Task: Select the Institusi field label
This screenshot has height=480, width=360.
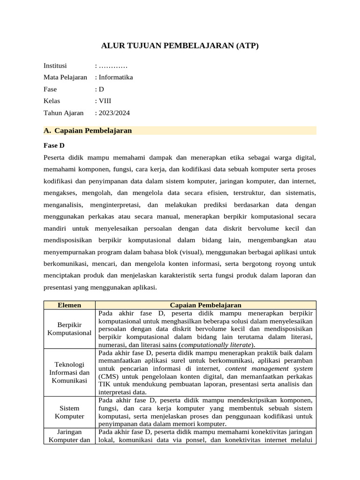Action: [55, 65]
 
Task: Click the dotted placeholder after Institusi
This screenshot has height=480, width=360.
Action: [112, 66]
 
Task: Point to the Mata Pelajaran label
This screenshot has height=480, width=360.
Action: [65, 77]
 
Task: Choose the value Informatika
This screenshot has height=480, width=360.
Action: [115, 77]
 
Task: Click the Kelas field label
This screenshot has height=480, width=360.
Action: [52, 101]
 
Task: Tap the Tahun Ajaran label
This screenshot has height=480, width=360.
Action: [63, 112]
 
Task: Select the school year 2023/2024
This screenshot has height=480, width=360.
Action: [114, 112]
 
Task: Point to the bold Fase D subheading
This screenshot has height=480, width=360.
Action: [54, 146]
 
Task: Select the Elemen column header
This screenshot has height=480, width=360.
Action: [69, 305]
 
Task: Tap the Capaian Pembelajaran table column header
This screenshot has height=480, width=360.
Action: [205, 305]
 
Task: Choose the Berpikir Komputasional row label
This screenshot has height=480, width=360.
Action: [69, 329]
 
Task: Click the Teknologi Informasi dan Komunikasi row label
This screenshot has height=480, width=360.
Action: [69, 373]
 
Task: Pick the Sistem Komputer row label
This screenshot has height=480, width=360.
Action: [69, 412]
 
